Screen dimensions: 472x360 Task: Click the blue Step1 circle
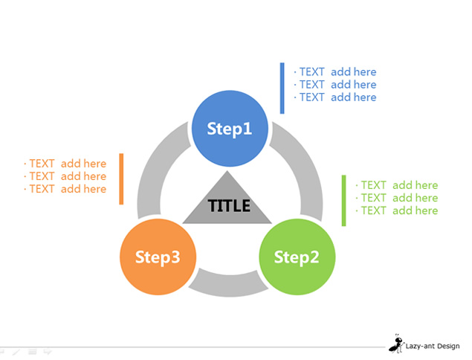pyautogui.click(x=230, y=129)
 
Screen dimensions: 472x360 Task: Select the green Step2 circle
pyautogui.click(x=297, y=257)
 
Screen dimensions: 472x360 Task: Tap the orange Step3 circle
pyautogui.click(x=158, y=257)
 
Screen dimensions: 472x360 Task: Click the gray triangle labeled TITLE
pyautogui.click(x=227, y=205)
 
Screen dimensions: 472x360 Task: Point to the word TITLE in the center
pyautogui.click(x=229, y=206)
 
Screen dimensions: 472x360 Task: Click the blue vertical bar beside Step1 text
pyautogui.click(x=282, y=88)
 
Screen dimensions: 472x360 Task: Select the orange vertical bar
pyautogui.click(x=121, y=179)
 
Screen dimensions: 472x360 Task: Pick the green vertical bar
pyautogui.click(x=343, y=200)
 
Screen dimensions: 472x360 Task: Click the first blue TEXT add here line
pyautogui.click(x=335, y=72)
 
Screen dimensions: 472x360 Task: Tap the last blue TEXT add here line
pyautogui.click(x=335, y=97)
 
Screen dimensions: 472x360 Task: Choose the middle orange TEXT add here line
pyautogui.click(x=65, y=176)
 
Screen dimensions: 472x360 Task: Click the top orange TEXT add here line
pyautogui.click(x=65, y=164)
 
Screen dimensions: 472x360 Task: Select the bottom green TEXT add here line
pyautogui.click(x=397, y=210)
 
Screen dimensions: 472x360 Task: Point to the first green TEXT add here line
pyautogui.click(x=397, y=185)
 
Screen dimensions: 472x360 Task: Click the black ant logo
pyautogui.click(x=396, y=344)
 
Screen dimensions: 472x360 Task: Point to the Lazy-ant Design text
pyautogui.click(x=433, y=346)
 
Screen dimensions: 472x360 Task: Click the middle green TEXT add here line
pyautogui.click(x=397, y=198)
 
